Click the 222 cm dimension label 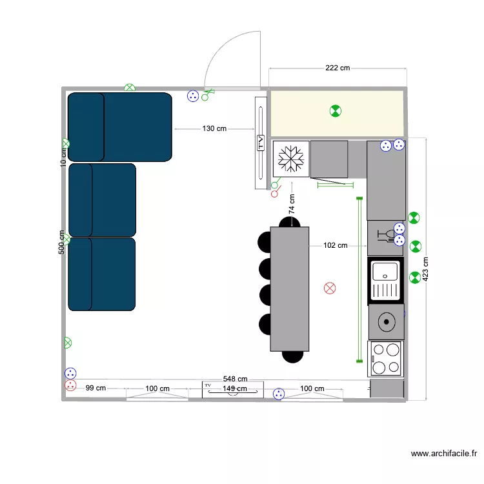click(x=337, y=68)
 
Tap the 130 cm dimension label click(x=214, y=128)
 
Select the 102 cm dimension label click(x=335, y=245)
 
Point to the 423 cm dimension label click(x=425, y=270)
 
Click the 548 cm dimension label click(x=235, y=379)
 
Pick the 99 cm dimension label click(x=95, y=388)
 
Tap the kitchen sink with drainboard click(x=385, y=281)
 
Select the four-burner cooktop click(x=385, y=359)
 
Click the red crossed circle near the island click(x=330, y=288)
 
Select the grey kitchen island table click(x=290, y=288)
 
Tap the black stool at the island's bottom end click(x=292, y=355)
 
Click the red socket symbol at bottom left click(x=70, y=386)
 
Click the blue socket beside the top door click(x=192, y=96)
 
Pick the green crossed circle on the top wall click(x=130, y=87)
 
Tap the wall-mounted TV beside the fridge click(x=261, y=143)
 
